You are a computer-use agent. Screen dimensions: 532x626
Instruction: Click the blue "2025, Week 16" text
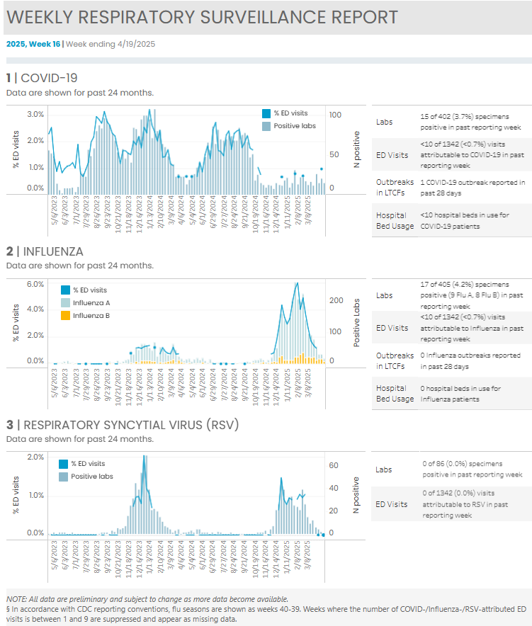pos(33,44)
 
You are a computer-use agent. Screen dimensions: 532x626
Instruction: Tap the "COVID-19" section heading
pos(49,78)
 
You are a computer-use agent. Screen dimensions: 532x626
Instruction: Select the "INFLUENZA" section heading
pos(53,251)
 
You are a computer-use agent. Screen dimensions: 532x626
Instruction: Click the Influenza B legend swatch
pos(65,315)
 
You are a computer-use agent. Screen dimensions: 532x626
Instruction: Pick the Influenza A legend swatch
pos(65,302)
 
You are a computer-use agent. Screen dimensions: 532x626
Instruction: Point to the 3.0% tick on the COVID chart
pos(35,114)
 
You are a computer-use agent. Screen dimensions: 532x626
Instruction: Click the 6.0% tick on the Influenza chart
pos(35,284)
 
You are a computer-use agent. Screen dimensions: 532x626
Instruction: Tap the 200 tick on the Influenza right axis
pos(336,300)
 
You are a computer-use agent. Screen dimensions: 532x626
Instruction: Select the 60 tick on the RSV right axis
pos(334,465)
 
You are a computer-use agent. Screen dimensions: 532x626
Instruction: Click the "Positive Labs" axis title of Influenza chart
pos(356,323)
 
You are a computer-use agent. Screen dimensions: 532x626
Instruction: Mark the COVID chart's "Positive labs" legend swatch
pos(266,127)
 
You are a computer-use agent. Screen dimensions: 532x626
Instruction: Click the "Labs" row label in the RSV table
pos(383,470)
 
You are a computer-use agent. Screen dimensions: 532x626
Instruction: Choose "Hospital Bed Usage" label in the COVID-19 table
pos(395,220)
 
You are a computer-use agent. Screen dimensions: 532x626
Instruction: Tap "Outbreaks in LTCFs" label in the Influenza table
pos(395,360)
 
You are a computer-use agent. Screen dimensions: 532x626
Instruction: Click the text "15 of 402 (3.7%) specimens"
pos(465,117)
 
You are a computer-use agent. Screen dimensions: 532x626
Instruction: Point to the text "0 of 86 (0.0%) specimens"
pos(463,464)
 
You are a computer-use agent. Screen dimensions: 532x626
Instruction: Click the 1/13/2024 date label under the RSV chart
pos(149,557)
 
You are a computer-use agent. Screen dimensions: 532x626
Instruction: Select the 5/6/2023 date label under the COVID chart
pos(55,210)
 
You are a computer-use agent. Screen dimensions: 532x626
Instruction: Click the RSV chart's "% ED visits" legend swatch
pos(63,464)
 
